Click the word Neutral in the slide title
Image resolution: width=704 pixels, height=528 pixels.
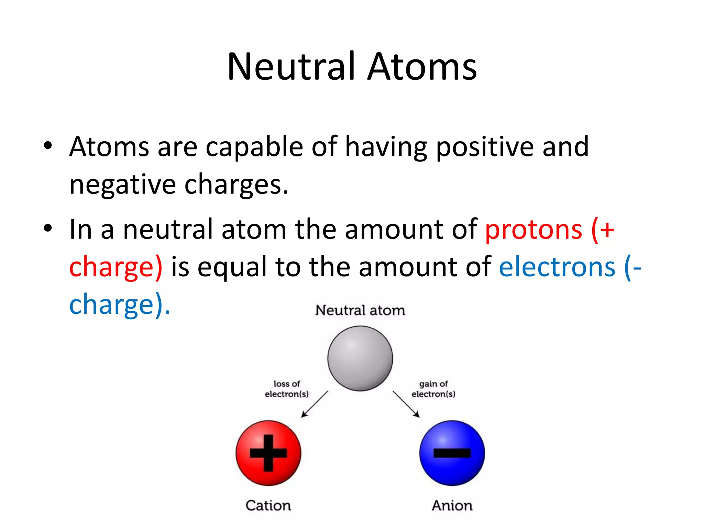pyautogui.click(x=291, y=67)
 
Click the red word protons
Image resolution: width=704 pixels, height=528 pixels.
pyautogui.click(x=533, y=230)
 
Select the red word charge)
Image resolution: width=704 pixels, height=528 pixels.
pyautogui.click(x=115, y=267)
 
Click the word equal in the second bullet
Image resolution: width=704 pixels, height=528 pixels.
pyautogui.click(x=232, y=267)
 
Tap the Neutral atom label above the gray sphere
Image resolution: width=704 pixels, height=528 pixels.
pyautogui.click(x=360, y=310)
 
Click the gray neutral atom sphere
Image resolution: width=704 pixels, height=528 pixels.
pyautogui.click(x=360, y=358)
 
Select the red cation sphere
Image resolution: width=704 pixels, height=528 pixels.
pyautogui.click(x=268, y=453)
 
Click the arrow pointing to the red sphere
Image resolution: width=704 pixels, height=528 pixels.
pyautogui.click(x=314, y=404)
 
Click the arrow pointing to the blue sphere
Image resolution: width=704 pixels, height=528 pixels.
pyautogui.click(x=406, y=404)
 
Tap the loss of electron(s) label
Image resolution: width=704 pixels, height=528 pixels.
pyautogui.click(x=286, y=389)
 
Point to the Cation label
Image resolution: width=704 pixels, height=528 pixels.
pyautogui.click(x=268, y=505)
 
